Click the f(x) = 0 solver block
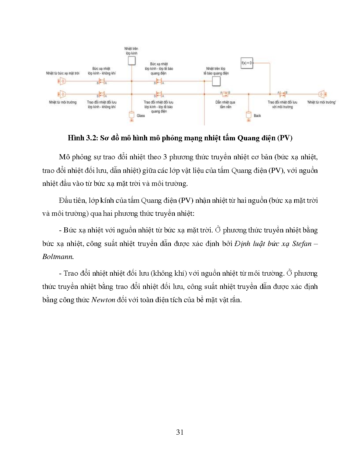coord(246,63)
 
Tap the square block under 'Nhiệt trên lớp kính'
coord(132,61)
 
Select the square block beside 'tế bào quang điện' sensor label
coord(216,81)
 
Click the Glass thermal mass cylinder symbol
coord(131,115)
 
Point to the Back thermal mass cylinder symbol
coord(248,115)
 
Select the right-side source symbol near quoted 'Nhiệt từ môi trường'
coord(322,94)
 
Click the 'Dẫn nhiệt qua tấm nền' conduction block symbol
coord(225,94)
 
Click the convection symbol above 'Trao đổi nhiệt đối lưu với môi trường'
coord(282,94)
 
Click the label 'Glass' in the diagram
coord(141,116)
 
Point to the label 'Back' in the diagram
coord(257,116)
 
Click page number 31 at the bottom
coord(180,432)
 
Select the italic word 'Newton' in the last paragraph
coord(103,300)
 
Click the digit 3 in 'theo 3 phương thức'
coord(165,157)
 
